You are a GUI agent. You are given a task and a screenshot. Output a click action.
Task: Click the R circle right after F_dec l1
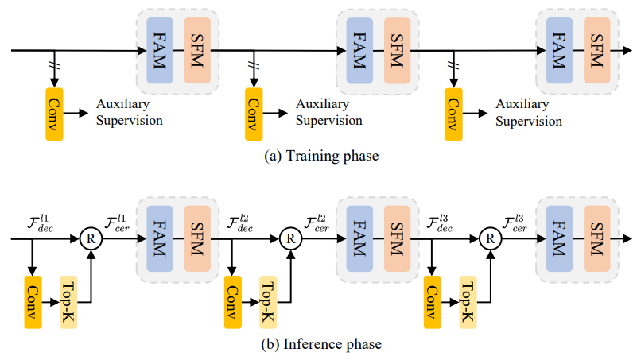click(x=93, y=237)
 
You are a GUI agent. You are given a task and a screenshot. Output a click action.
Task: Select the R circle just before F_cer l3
click(x=492, y=237)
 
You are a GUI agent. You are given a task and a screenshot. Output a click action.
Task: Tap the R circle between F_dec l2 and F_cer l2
click(x=293, y=237)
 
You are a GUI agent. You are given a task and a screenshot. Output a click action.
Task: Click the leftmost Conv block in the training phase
click(x=54, y=115)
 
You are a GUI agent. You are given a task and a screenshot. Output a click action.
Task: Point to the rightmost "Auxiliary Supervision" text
click(x=528, y=113)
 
